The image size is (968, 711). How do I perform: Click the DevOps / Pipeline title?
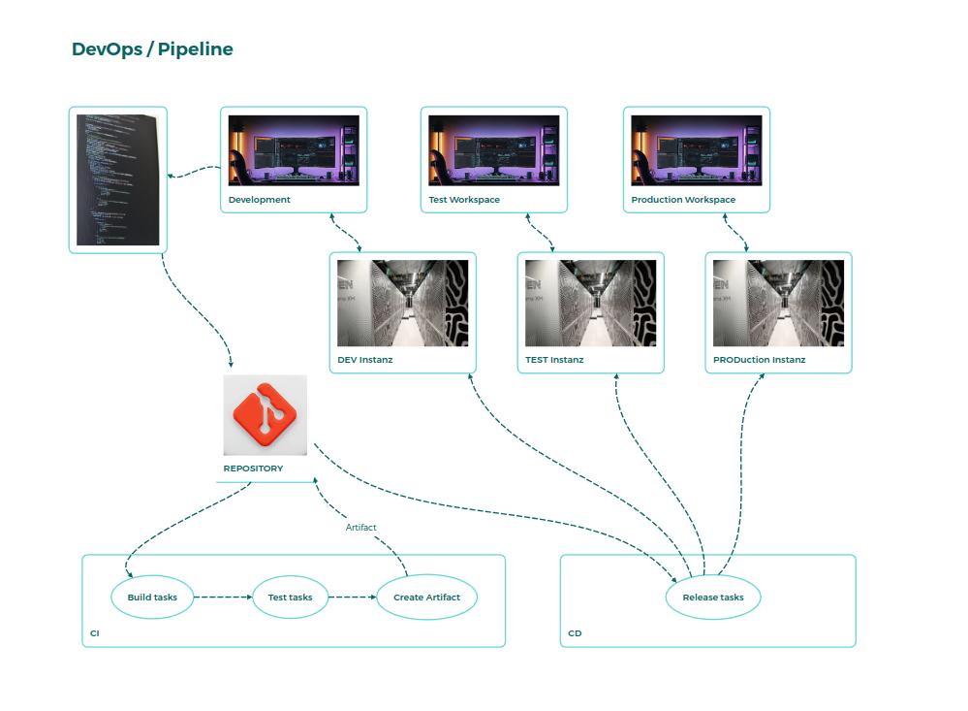(152, 49)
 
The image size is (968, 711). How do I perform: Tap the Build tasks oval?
(152, 598)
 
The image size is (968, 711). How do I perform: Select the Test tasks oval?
(290, 598)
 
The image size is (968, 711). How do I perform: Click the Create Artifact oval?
(426, 598)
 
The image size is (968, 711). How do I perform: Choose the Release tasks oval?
(713, 598)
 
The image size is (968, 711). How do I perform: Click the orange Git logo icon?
(265, 415)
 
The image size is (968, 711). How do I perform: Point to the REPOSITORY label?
(254, 469)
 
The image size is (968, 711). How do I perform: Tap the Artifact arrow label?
(360, 528)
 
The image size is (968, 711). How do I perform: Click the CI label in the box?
(95, 633)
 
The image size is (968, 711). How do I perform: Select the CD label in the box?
(575, 633)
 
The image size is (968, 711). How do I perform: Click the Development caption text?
(259, 200)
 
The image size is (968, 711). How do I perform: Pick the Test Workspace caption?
(464, 200)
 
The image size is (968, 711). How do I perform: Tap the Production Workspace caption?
(683, 200)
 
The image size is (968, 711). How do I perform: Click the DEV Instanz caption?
(365, 360)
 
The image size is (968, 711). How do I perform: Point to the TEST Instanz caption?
(554, 360)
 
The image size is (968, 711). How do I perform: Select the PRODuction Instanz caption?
(759, 360)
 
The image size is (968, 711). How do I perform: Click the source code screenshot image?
(117, 179)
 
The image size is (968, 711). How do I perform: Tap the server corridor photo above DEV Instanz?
(402, 303)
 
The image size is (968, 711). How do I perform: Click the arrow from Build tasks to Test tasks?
(222, 598)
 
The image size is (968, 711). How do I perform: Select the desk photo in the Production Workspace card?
(696, 150)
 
